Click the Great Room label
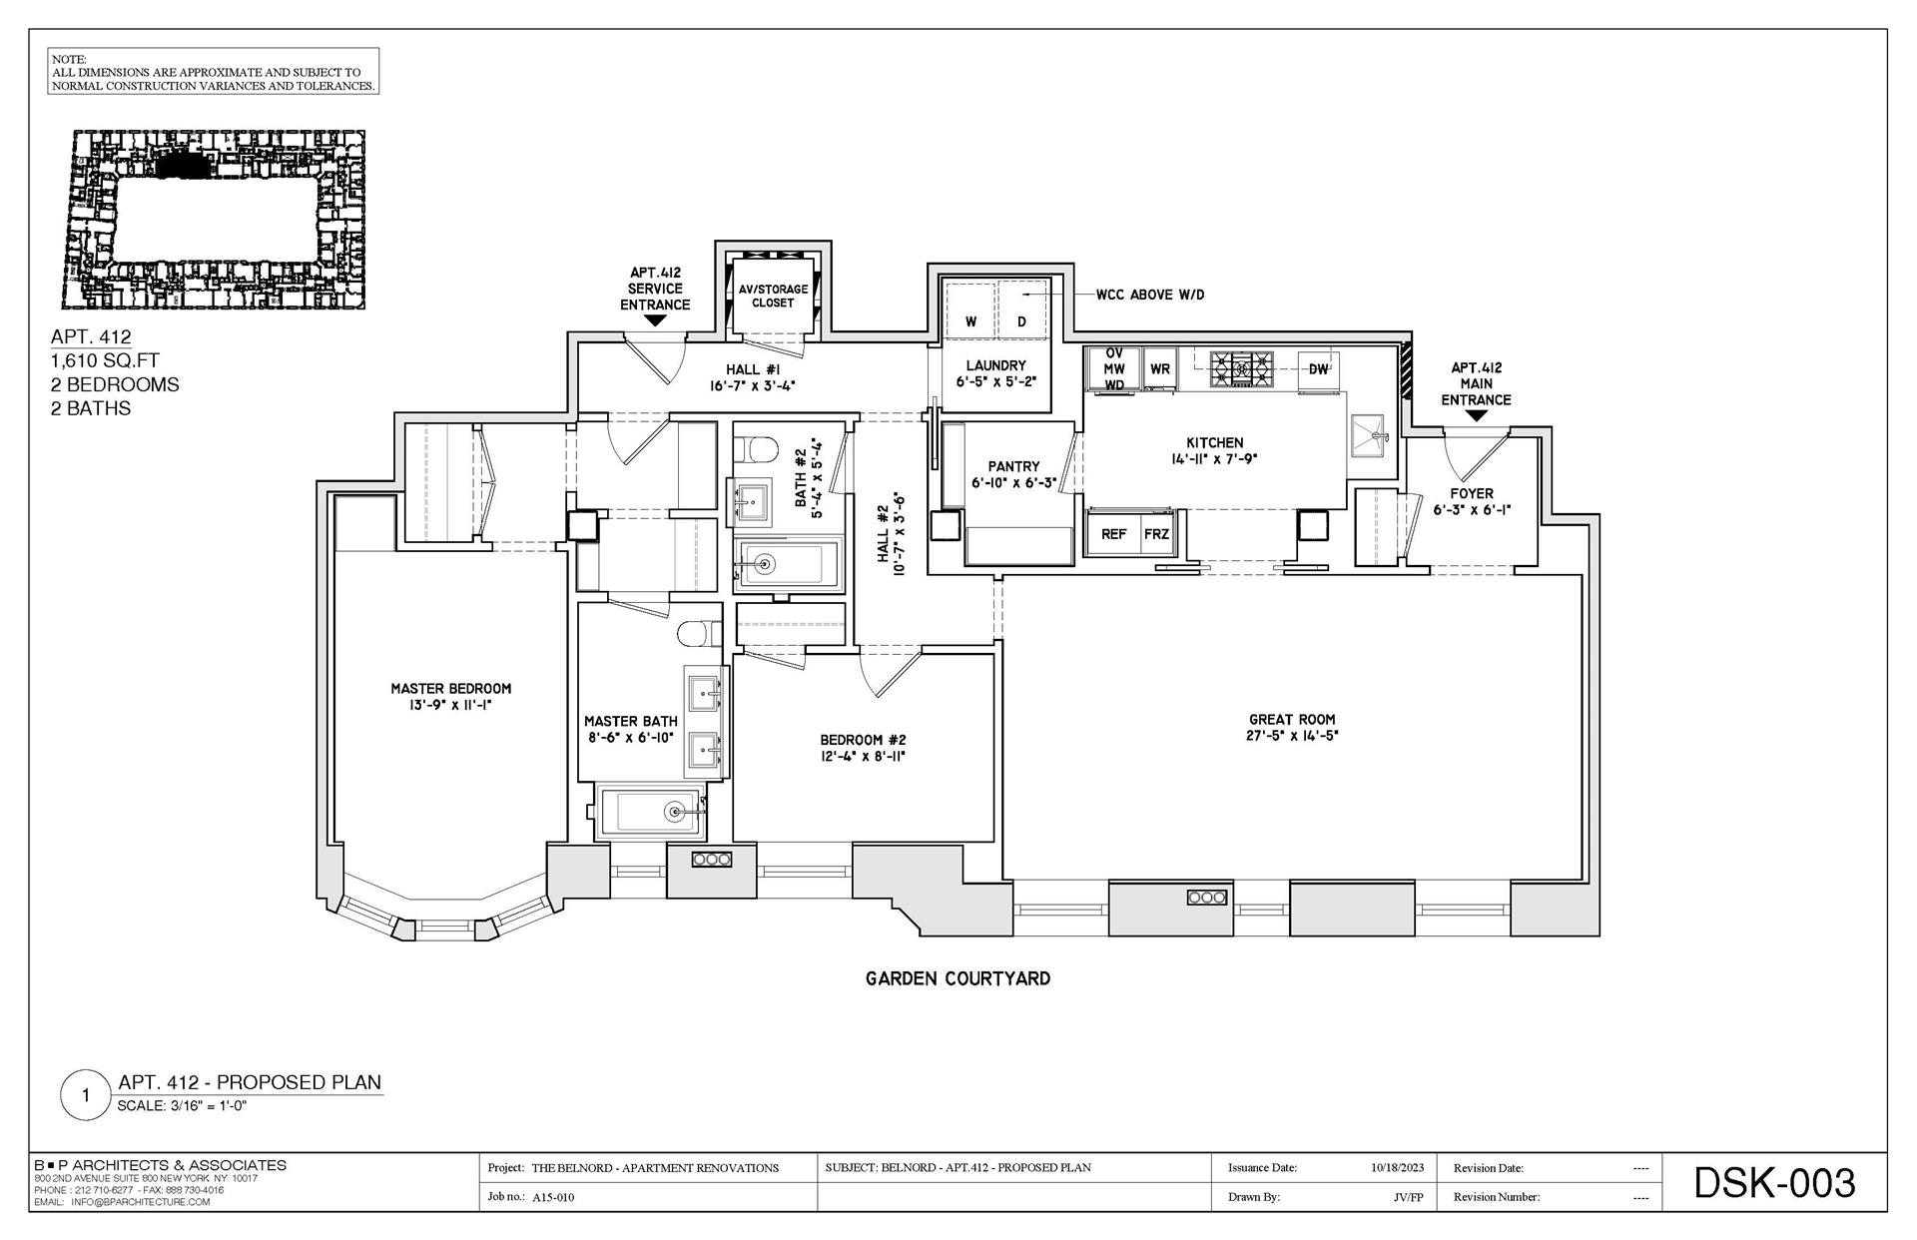click(1291, 719)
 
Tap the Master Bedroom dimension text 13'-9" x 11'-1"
click(450, 706)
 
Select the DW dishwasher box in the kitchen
click(1318, 368)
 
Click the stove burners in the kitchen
click(1242, 368)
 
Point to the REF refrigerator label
click(1113, 534)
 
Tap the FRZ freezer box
click(1156, 534)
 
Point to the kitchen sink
click(1369, 435)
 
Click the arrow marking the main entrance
click(1476, 416)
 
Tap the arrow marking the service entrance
click(655, 321)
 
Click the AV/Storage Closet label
click(773, 296)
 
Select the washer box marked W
click(970, 321)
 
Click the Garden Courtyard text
click(958, 979)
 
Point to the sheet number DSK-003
click(1774, 1183)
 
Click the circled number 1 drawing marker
click(86, 1095)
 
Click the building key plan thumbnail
click(216, 220)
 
